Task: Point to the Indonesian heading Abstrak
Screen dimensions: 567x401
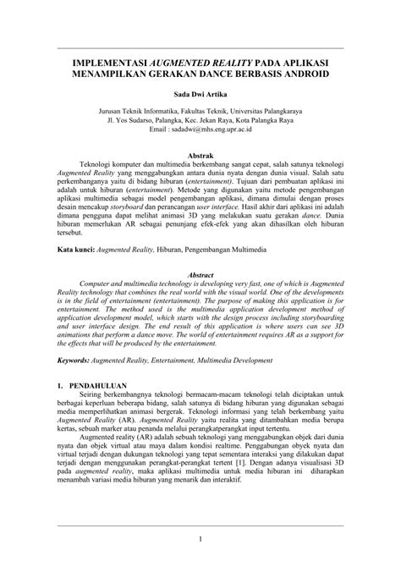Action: tap(200, 155)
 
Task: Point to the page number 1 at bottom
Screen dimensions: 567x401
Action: tap(200, 538)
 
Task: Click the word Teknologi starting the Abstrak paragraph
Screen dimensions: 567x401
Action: tap(98, 166)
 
